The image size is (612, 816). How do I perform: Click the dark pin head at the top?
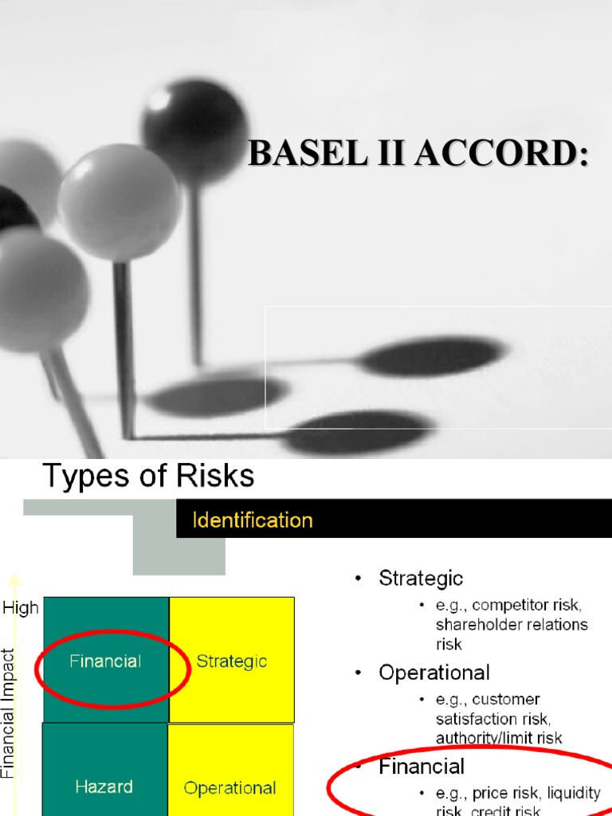click(x=194, y=119)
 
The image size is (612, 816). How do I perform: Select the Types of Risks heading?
click(x=147, y=477)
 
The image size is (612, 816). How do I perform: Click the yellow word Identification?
click(x=253, y=521)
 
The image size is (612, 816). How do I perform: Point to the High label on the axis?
click(x=21, y=608)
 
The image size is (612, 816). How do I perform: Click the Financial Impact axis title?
click(x=9, y=712)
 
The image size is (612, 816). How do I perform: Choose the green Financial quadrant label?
click(x=105, y=661)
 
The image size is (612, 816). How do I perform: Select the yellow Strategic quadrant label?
click(x=231, y=661)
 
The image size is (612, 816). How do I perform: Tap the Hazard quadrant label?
click(x=104, y=787)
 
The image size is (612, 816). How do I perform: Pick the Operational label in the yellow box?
click(x=230, y=788)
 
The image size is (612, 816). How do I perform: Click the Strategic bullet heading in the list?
click(x=421, y=578)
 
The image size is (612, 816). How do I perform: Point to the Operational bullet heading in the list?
click(x=434, y=673)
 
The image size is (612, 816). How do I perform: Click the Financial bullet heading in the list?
click(x=422, y=767)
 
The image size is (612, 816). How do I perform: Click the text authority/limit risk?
click(x=499, y=738)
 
